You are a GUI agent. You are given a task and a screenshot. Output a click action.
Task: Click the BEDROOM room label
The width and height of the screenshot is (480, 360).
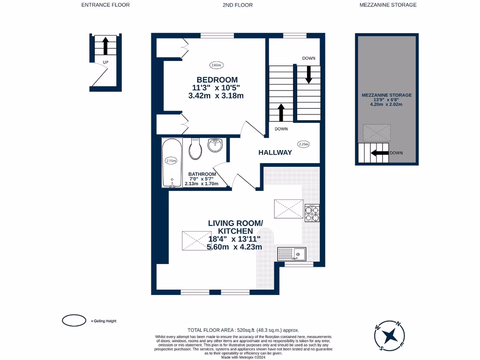(x=217, y=80)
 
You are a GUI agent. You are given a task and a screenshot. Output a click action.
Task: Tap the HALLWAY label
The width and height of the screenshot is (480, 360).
(x=275, y=152)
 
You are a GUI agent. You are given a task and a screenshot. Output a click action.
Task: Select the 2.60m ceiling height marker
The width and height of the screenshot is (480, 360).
(x=216, y=65)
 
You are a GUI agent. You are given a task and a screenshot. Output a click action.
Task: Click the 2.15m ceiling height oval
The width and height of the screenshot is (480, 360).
(x=171, y=161)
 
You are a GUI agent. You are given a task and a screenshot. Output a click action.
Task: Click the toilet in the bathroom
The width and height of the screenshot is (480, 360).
(x=195, y=150)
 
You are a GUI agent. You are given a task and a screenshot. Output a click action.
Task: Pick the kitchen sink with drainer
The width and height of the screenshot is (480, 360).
(x=292, y=254)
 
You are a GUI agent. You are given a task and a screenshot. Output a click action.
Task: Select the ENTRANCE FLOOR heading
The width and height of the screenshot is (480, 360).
(x=105, y=5)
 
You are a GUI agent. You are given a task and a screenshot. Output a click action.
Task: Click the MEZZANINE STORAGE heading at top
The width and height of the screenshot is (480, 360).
(x=388, y=5)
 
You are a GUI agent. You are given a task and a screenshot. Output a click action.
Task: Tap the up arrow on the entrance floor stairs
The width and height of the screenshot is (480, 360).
(x=105, y=46)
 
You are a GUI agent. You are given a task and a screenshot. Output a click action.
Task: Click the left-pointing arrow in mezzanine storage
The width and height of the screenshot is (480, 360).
(x=379, y=153)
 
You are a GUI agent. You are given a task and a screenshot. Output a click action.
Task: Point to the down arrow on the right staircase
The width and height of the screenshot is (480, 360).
(x=308, y=74)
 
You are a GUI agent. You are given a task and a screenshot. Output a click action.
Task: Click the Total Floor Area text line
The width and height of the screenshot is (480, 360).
(x=243, y=330)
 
